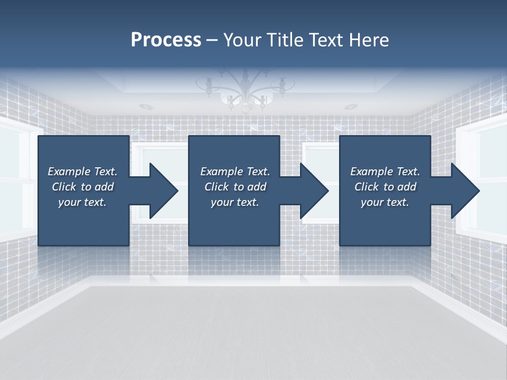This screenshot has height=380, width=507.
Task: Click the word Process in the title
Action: (x=166, y=40)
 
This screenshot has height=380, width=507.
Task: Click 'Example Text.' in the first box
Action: (x=82, y=172)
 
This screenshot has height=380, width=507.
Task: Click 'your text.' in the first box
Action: (x=82, y=202)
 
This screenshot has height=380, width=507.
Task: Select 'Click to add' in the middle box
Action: (x=235, y=187)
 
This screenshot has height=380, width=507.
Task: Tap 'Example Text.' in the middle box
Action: (x=235, y=172)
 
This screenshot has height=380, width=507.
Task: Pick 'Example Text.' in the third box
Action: (x=385, y=172)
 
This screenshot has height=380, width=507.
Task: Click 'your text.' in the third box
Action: (x=385, y=202)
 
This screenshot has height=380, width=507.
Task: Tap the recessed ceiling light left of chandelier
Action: (x=146, y=107)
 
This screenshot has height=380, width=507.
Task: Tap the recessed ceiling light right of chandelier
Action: (x=350, y=107)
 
